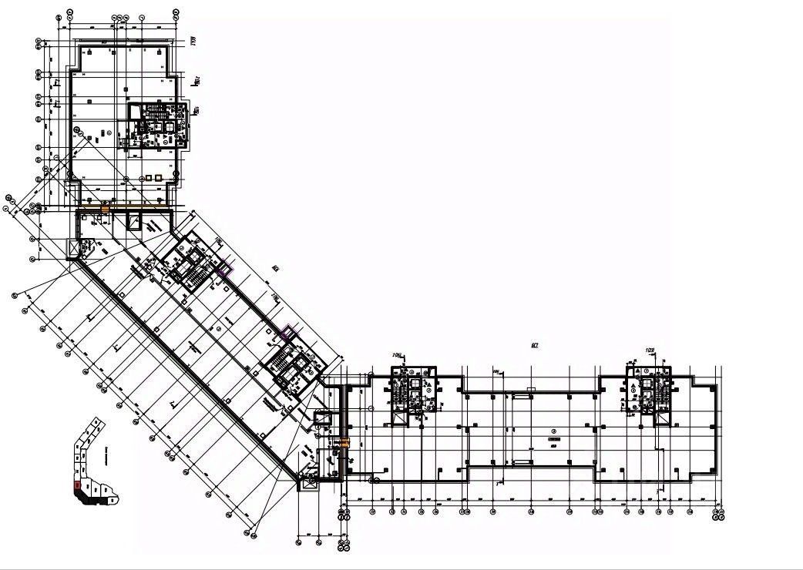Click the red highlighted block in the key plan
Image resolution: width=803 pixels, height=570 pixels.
(76, 486)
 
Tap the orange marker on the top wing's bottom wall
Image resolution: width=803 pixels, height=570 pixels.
(105, 206)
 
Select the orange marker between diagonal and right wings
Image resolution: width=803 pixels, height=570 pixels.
(345, 442)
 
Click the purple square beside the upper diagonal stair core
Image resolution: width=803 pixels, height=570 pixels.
(225, 270)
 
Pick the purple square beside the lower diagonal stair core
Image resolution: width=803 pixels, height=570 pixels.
(287, 333)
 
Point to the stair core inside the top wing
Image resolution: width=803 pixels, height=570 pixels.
(156, 123)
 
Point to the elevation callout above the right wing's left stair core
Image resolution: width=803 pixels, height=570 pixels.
(398, 356)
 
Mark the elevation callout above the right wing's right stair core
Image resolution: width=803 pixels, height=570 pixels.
(649, 352)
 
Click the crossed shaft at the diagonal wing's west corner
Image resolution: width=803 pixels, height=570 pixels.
(74, 248)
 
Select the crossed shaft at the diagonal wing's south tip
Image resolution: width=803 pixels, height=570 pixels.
(309, 483)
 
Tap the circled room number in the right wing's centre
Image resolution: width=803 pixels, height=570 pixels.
(553, 431)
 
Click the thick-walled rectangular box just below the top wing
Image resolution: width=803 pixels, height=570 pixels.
(134, 223)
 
